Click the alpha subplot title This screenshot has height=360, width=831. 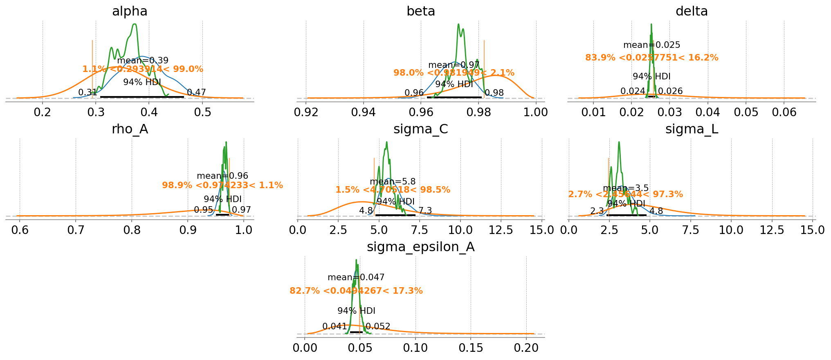point(130,11)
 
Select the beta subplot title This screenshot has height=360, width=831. point(420,11)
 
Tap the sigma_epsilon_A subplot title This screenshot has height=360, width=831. point(420,247)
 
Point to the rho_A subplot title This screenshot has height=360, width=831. point(130,129)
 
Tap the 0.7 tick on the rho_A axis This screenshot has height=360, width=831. point(76,230)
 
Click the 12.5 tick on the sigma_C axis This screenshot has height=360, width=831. point(501,230)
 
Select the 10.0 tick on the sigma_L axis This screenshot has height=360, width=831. point(731,230)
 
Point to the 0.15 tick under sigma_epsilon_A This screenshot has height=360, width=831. point(471,348)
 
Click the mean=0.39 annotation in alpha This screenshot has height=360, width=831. point(143,61)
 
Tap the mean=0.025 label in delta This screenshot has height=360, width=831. point(651,45)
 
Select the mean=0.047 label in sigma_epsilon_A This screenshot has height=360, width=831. point(356,277)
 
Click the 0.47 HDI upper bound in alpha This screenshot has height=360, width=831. point(196,92)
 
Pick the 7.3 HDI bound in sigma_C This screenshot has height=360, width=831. point(425,211)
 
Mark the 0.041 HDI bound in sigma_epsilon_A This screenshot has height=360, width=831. point(335,326)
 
